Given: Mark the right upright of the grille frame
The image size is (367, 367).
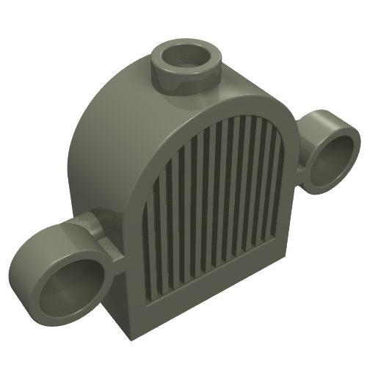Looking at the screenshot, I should click(290, 183).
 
